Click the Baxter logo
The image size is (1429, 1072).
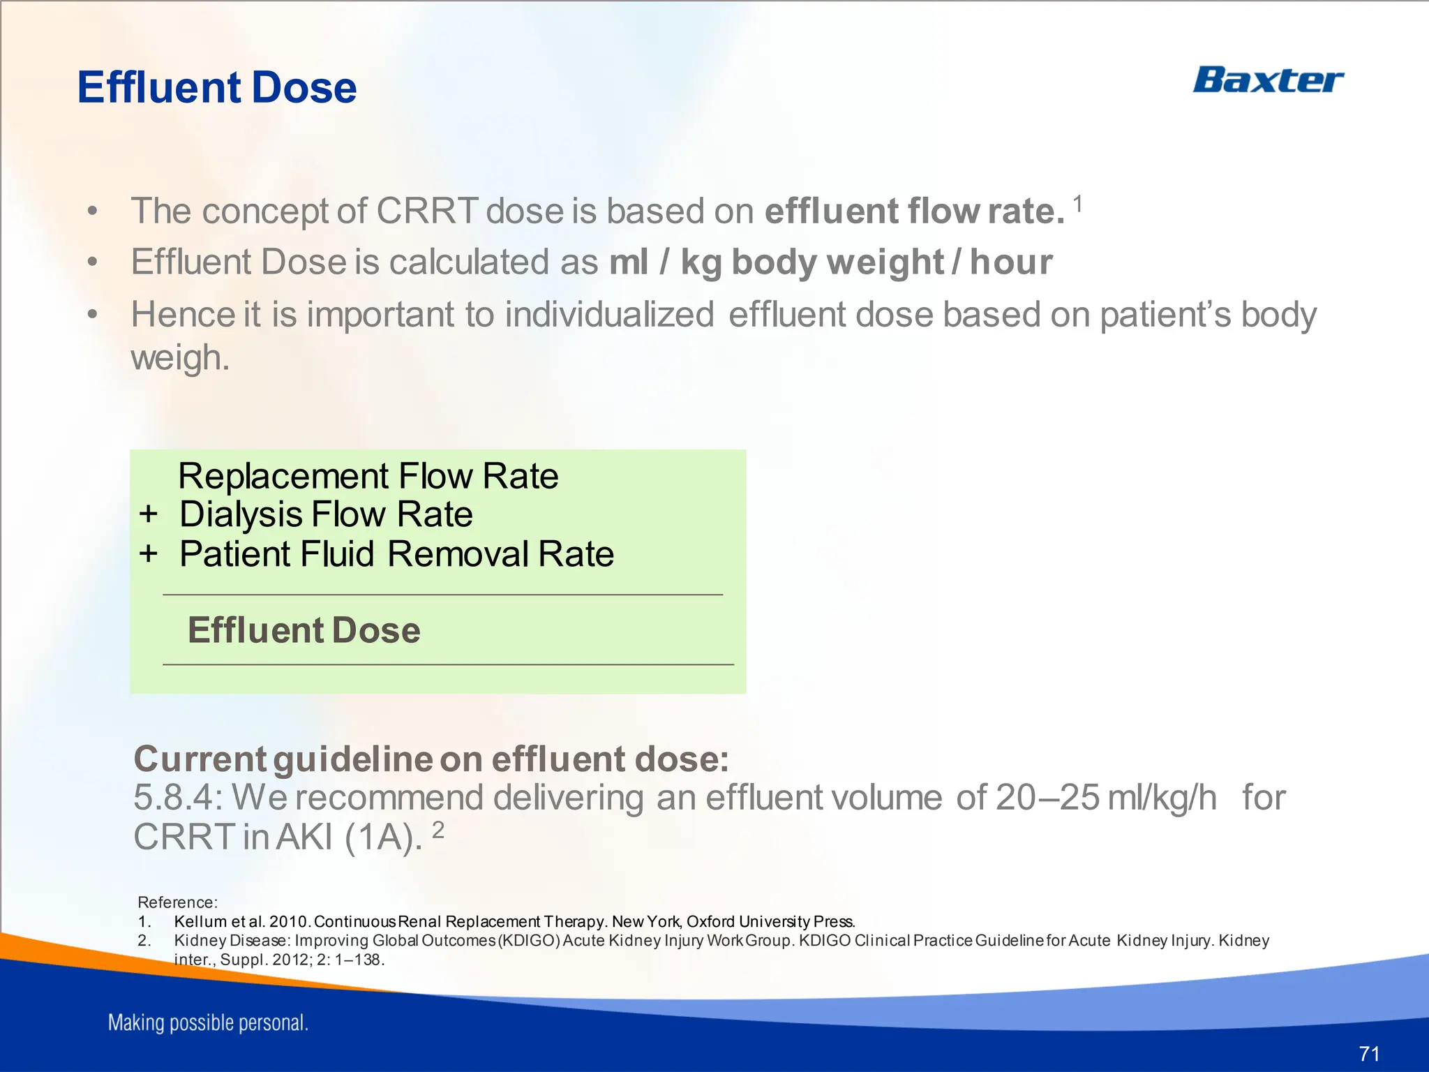coord(1267,80)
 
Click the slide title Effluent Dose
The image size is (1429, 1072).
coord(216,88)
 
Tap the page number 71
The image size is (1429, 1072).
coord(1369,1053)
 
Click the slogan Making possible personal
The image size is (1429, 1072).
coord(208,1023)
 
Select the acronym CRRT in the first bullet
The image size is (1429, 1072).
coord(427,211)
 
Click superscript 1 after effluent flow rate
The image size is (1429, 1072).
coord(1078,204)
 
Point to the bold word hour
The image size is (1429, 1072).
coord(1011,262)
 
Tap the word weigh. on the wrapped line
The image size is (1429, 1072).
coord(180,357)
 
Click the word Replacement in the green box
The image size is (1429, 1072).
coord(283,476)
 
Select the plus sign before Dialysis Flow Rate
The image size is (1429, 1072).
coord(148,514)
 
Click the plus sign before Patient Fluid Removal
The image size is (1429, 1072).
coord(148,554)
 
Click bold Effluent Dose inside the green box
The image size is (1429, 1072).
coord(304,630)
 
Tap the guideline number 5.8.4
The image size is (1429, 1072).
coord(177,797)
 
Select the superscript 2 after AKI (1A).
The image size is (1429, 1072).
coord(437,830)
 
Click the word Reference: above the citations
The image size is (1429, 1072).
coord(177,902)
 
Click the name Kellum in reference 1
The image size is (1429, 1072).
coord(201,921)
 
